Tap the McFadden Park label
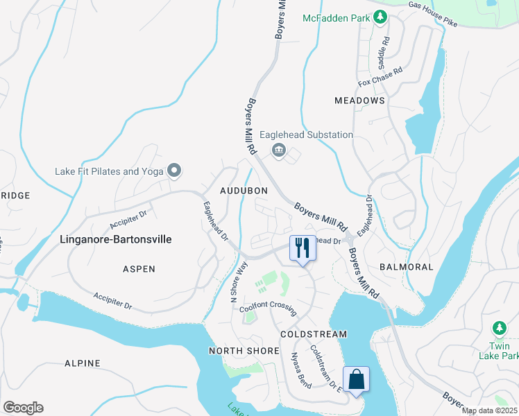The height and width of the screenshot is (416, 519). [x=336, y=18]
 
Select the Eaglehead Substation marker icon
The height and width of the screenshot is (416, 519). [x=279, y=150]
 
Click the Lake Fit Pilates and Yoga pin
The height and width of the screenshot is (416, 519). [x=173, y=171]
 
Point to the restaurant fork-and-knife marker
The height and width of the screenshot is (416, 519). [x=302, y=248]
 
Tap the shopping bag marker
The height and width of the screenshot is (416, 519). [x=356, y=379]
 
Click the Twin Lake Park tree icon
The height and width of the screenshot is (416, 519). [x=498, y=327]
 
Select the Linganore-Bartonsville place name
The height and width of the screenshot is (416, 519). [x=114, y=239]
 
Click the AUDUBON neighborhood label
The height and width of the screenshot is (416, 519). [x=244, y=191]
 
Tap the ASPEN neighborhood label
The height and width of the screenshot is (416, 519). [x=139, y=268]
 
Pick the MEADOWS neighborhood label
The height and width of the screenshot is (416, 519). [x=359, y=101]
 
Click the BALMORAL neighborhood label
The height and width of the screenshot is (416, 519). [x=407, y=267]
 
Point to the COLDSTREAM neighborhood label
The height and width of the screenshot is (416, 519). [x=313, y=333]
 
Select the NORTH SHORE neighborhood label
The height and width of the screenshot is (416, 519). [x=244, y=351]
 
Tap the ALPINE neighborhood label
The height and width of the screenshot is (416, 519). [x=83, y=363]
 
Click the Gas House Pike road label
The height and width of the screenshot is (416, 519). [x=433, y=15]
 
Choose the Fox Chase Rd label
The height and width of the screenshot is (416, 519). [x=380, y=77]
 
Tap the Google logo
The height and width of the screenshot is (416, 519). [x=23, y=408]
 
